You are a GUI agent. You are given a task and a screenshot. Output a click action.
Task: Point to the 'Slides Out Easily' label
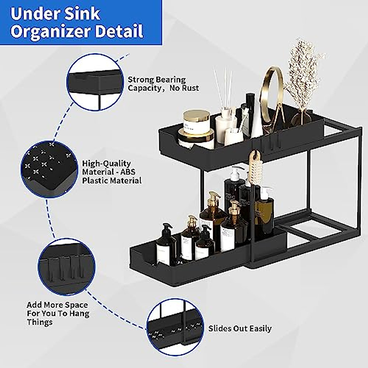coord(240,328)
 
